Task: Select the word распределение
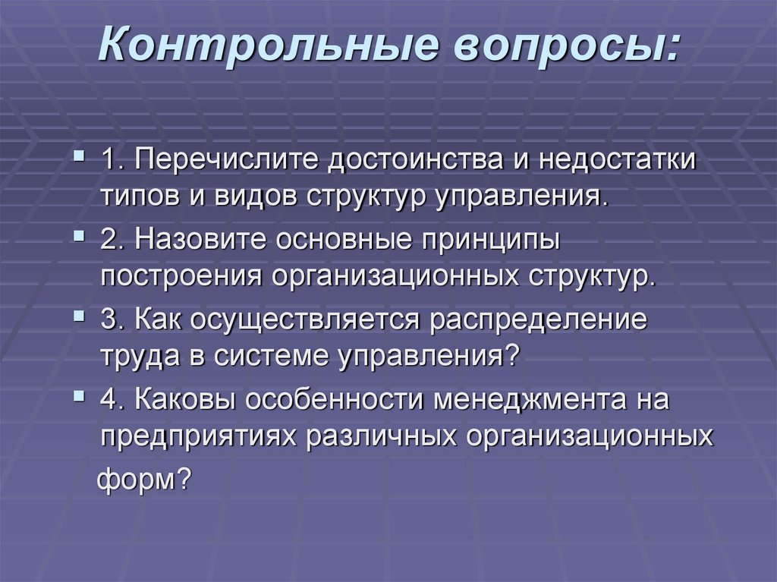[539, 322]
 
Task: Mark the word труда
[132, 354]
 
